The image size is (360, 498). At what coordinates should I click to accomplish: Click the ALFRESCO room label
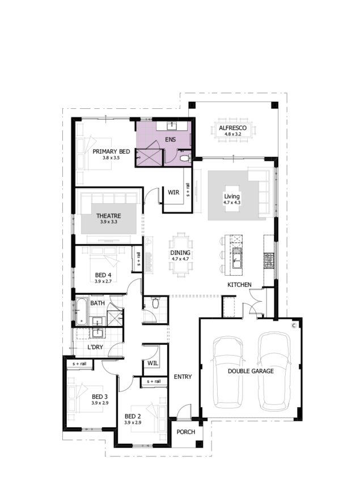point(232,128)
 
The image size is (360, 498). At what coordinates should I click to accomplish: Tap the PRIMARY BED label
point(111,151)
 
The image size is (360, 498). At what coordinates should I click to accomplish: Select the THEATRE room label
point(109,216)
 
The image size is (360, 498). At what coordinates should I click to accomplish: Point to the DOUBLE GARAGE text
point(251,371)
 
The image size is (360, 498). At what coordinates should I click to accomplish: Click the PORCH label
point(186,432)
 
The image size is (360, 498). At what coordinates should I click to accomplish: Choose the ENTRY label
point(183,377)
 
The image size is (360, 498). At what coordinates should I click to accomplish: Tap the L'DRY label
point(95,347)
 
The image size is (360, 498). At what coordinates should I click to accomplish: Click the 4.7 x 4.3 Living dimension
point(232,202)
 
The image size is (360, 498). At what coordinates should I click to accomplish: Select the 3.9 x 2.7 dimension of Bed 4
point(103,281)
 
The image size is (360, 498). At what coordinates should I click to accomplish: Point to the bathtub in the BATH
point(82,311)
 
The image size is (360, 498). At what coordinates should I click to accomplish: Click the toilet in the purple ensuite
point(184,158)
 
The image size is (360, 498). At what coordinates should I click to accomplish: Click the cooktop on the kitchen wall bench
point(269,260)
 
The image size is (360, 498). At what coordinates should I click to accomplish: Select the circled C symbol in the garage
point(294,326)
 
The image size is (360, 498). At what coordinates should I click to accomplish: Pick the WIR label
point(173,192)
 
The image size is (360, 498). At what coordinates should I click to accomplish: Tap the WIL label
point(153,364)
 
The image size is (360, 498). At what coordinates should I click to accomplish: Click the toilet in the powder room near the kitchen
point(155,303)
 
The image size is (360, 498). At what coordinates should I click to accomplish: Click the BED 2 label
point(133,416)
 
